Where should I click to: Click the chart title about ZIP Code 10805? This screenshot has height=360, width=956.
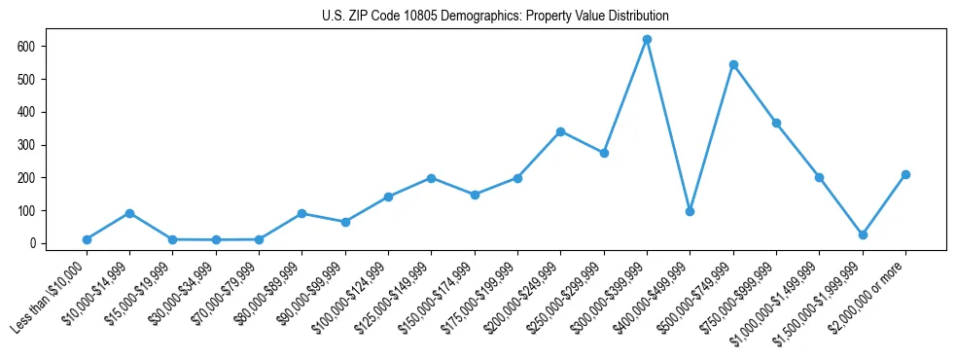[x=495, y=17]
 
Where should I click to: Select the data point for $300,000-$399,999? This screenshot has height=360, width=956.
[x=647, y=40]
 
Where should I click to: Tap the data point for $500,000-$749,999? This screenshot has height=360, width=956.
[x=733, y=65]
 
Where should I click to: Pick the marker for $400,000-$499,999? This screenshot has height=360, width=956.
[x=690, y=211]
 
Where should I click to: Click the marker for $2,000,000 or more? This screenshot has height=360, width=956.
[x=905, y=175]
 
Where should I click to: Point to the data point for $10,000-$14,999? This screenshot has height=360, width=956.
[x=129, y=213]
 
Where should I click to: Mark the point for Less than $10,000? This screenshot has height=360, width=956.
[x=87, y=239]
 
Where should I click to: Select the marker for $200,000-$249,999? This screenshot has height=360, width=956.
[x=560, y=131]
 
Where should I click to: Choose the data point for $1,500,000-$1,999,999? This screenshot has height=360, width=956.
[x=863, y=234]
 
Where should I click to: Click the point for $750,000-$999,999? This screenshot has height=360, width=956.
[x=776, y=124]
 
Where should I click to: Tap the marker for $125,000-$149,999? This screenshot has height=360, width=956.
[x=431, y=178]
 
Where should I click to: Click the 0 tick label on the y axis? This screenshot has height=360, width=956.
[x=32, y=243]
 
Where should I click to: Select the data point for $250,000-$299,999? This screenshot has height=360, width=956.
[x=604, y=153]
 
